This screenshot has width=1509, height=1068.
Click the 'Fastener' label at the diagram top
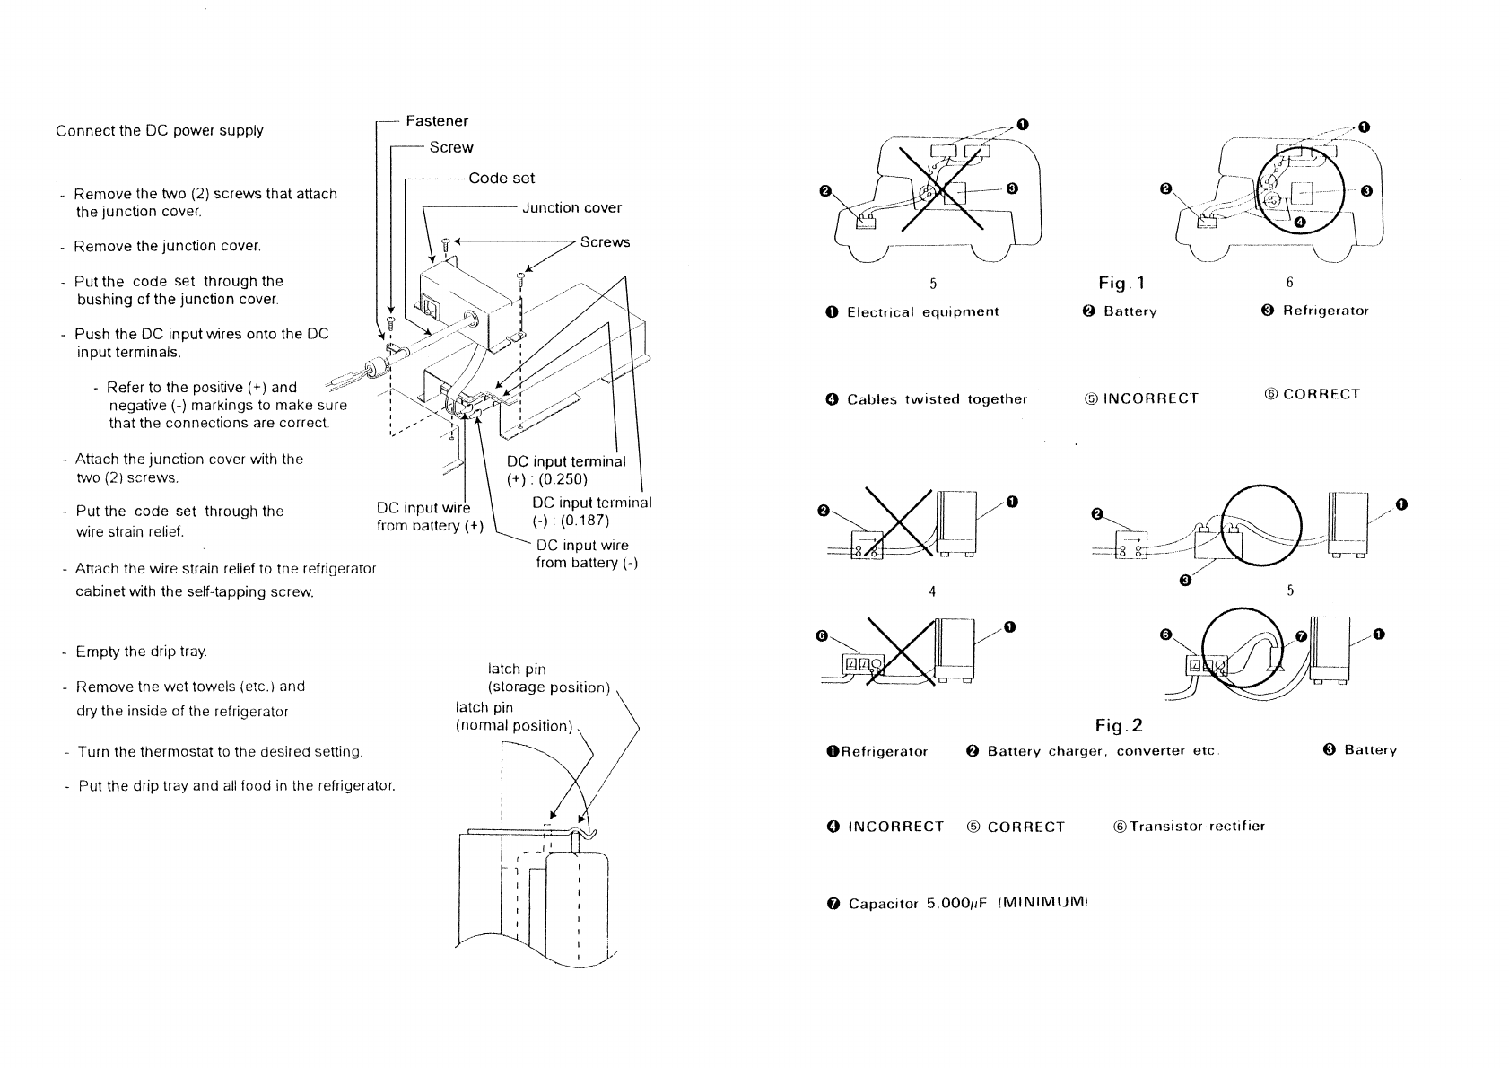(437, 121)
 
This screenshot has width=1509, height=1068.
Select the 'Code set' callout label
(502, 179)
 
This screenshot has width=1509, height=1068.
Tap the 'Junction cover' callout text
(572, 208)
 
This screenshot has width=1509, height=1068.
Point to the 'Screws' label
(605, 242)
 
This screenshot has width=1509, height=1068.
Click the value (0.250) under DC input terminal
(563, 479)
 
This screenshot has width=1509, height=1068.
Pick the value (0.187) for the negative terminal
(585, 521)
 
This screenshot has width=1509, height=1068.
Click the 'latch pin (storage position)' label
(548, 678)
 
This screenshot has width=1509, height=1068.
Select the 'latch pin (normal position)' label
(513, 716)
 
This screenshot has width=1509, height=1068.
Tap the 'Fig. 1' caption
(1121, 283)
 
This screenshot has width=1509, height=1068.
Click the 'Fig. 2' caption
(1119, 726)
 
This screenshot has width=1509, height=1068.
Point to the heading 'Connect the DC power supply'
(160, 131)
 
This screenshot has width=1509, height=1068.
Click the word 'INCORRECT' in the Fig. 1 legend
(1151, 398)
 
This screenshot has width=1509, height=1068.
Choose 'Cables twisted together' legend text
(937, 399)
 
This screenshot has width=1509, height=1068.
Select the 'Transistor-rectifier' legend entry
(1197, 826)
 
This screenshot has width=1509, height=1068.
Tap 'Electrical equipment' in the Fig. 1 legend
(923, 312)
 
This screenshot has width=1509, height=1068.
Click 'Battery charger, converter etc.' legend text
(1103, 751)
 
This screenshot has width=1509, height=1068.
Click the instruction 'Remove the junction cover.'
(167, 247)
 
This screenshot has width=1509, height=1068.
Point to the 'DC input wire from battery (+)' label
(430, 517)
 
